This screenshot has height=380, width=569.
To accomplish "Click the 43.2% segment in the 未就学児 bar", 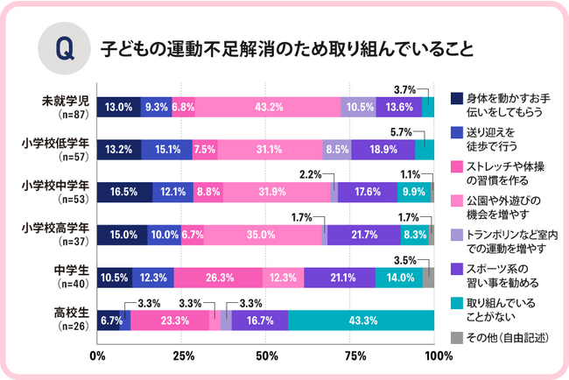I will (267, 107).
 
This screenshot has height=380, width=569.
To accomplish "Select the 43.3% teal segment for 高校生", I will (361, 320).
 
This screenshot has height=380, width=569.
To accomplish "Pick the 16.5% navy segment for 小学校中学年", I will (124, 192).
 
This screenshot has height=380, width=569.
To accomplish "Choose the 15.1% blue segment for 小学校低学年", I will (166, 149).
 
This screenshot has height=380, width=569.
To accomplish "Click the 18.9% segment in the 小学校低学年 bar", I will (383, 149).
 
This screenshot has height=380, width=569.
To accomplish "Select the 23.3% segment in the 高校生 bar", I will (170, 320).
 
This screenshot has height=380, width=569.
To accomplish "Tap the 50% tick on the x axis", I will (266, 355).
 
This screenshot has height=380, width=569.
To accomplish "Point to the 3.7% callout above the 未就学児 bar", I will (404, 88).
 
